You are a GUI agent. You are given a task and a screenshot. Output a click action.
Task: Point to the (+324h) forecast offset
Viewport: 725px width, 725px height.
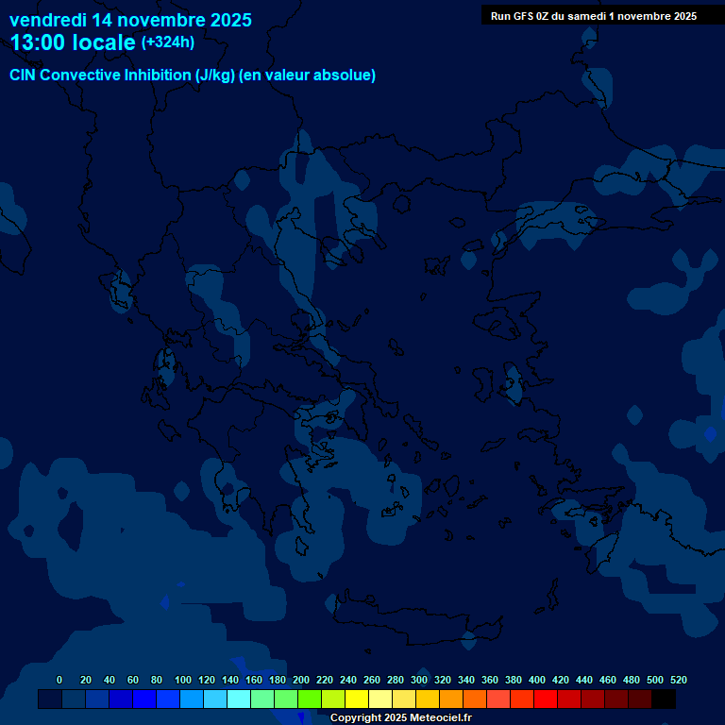tap(168, 42)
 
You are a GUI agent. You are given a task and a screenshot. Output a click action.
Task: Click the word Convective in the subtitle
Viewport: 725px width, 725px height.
tap(79, 76)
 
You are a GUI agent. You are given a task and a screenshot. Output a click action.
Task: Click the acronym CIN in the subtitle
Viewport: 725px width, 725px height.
tap(24, 76)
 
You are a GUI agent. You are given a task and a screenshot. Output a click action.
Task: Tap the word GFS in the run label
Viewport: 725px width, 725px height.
tap(529, 16)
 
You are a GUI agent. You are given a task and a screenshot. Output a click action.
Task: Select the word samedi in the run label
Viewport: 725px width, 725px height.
tap(587, 16)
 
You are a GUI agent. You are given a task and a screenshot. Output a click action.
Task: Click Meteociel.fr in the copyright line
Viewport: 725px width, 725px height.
tap(441, 718)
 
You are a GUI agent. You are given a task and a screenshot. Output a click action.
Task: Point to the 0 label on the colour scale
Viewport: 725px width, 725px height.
tap(59, 680)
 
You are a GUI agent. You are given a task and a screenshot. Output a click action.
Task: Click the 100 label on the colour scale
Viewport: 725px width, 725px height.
tap(183, 680)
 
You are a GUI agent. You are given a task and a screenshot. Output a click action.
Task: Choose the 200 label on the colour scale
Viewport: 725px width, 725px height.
tap(301, 680)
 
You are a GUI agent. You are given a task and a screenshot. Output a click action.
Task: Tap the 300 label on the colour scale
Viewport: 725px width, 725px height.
tap(419, 680)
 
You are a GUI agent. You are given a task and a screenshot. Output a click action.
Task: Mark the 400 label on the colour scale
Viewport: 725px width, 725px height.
tap(537, 680)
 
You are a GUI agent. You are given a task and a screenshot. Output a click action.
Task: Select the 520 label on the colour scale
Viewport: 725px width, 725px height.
tap(679, 680)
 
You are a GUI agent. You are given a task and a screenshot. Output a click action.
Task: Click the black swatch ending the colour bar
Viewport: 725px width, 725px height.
tap(664, 699)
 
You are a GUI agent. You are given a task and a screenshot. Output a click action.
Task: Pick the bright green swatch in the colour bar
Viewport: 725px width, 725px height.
tap(309, 699)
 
